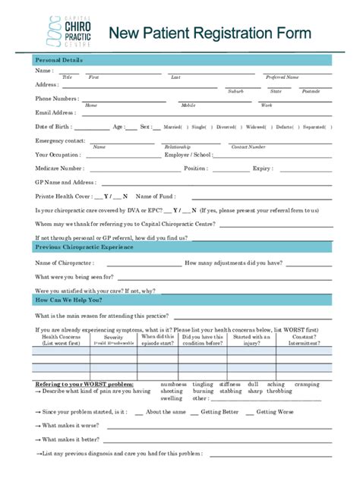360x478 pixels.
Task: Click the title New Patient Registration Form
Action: pyautogui.click(x=209, y=33)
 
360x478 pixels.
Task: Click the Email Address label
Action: pyautogui.click(x=55, y=112)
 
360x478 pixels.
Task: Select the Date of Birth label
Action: pyautogui.click(x=52, y=127)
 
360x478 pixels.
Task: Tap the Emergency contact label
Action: pyautogui.click(x=60, y=140)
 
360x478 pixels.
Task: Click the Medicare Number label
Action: pyautogui.click(x=59, y=168)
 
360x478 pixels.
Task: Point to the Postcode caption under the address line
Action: pyautogui.click(x=311, y=91)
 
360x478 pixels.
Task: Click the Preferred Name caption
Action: pyautogui.click(x=282, y=77)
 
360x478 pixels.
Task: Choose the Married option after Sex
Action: pyautogui.click(x=174, y=127)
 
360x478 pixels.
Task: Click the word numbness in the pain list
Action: pyautogui.click(x=173, y=384)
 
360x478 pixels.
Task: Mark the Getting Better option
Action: pyautogui.click(x=219, y=412)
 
